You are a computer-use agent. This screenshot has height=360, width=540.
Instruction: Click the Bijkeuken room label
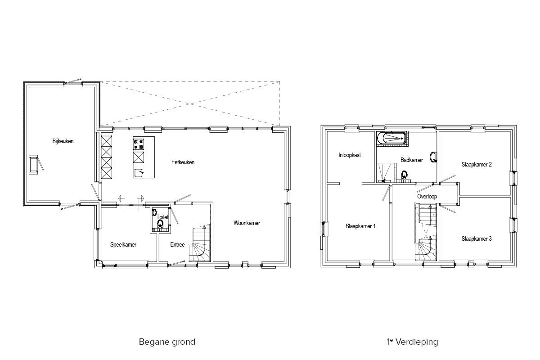click(x=63, y=141)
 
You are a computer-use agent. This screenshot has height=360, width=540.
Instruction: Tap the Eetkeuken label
click(x=183, y=162)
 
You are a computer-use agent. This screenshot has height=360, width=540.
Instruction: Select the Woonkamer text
click(x=247, y=223)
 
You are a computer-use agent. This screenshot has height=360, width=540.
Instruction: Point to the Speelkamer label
click(x=123, y=245)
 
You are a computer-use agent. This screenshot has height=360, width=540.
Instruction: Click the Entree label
click(x=177, y=245)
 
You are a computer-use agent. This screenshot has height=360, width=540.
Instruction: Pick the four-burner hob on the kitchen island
click(x=139, y=144)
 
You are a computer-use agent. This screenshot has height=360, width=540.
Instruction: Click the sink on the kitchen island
click(x=139, y=173)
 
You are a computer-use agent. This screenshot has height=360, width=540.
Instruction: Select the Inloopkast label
click(x=350, y=155)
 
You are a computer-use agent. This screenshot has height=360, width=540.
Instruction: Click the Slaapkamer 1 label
click(x=360, y=226)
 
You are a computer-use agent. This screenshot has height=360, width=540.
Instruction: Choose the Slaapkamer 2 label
click(x=477, y=164)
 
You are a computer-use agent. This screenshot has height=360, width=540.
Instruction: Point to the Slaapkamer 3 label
click(x=477, y=238)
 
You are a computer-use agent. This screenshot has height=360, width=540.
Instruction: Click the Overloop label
click(x=427, y=197)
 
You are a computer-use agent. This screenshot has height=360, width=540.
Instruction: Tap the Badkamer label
click(x=412, y=160)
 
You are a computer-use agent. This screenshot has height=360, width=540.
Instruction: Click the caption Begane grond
click(x=167, y=342)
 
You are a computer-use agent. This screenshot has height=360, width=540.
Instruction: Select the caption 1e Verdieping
click(x=413, y=342)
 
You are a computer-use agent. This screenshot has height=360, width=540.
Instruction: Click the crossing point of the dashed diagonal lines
click(x=192, y=104)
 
